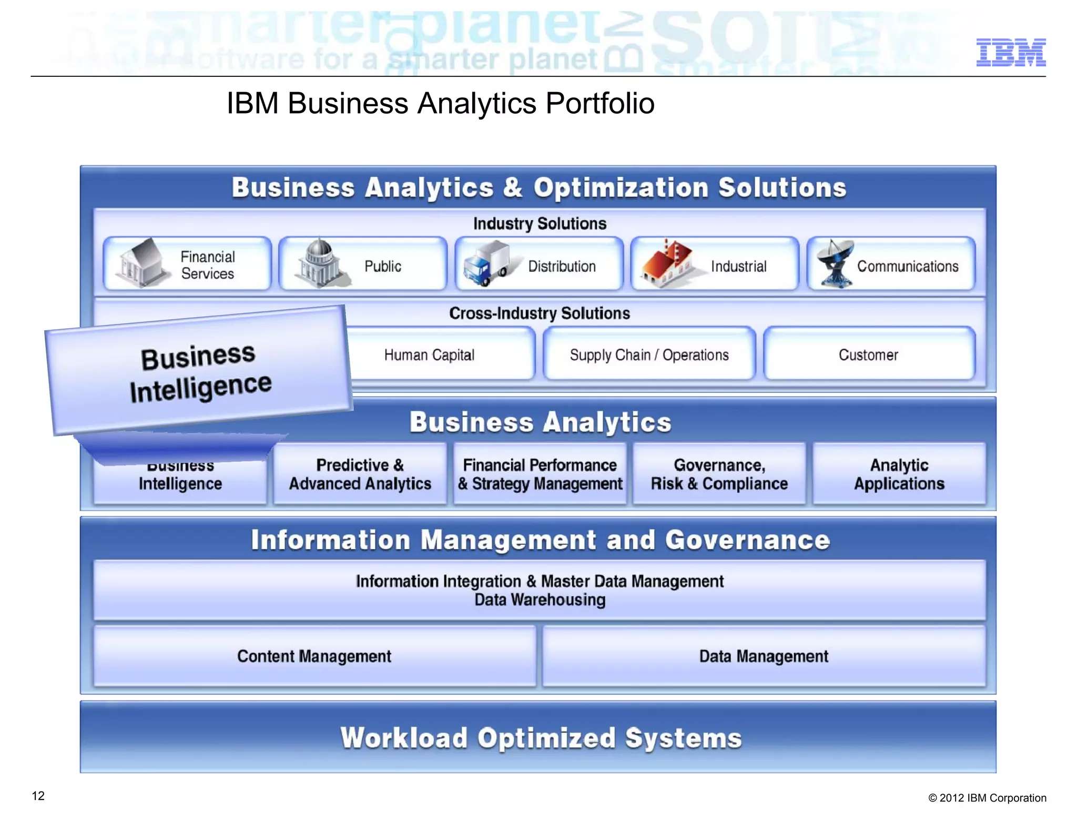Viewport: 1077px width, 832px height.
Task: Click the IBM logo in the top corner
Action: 1010,53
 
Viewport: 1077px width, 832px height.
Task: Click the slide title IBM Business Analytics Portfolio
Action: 440,103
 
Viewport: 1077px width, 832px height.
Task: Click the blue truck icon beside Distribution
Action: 487,264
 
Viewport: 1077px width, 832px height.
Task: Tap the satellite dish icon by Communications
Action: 835,264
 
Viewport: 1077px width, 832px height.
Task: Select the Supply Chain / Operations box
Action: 649,354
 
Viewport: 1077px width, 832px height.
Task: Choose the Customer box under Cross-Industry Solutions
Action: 869,354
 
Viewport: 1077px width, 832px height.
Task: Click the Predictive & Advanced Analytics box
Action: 360,474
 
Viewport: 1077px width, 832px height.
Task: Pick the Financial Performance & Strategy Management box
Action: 540,474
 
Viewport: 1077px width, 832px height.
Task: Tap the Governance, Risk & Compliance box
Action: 719,474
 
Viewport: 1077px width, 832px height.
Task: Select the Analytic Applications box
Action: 899,474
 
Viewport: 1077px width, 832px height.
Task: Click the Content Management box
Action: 314,656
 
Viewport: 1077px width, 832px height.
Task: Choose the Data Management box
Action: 764,656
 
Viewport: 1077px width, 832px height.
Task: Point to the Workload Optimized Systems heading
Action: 541,737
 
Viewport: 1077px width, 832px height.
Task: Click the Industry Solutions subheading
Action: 540,224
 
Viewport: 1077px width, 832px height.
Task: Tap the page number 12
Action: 38,796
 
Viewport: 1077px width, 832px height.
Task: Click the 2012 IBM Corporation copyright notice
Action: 987,798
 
